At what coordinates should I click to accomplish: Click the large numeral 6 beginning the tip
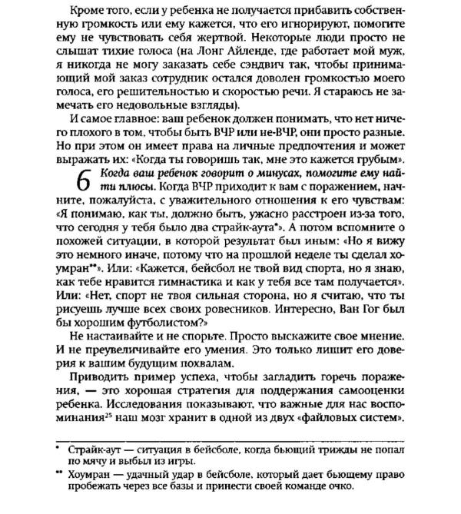(85, 181)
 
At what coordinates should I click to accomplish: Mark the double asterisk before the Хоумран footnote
(57, 473)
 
